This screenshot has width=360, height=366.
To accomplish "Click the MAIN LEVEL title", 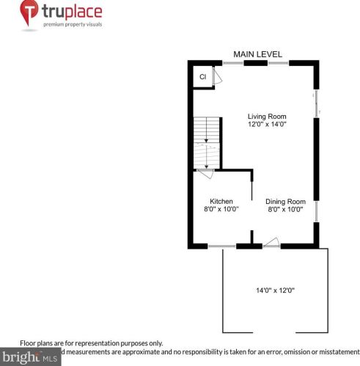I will pyautogui.click(x=257, y=54).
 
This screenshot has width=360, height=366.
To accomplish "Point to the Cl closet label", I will pyautogui.click(x=202, y=77).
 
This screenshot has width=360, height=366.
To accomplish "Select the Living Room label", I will pyautogui.click(x=267, y=116).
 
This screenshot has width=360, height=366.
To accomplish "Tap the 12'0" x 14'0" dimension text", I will pyautogui.click(x=267, y=125).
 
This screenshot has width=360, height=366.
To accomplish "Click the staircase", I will pyautogui.click(x=207, y=143).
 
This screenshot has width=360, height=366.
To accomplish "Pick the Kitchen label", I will pyautogui.click(x=221, y=201).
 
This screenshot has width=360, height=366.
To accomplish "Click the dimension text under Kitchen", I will pyautogui.click(x=221, y=209).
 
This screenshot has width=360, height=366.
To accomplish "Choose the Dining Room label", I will pyautogui.click(x=285, y=201).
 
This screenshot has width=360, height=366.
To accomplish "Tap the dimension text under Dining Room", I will pyautogui.click(x=285, y=209).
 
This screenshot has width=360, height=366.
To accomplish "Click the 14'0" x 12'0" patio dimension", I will pyautogui.click(x=275, y=290).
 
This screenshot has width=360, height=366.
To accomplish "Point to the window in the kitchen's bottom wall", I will pyautogui.click(x=217, y=246).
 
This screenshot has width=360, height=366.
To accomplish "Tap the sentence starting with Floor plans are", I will pyautogui.click(x=91, y=343).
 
